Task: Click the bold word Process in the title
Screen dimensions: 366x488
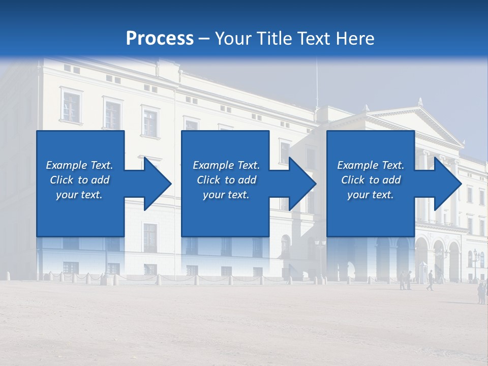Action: [x=160, y=39]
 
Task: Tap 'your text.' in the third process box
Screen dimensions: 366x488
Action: [x=370, y=195]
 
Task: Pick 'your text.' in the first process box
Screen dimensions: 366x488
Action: [x=79, y=195]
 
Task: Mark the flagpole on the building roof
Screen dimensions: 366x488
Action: [x=317, y=81]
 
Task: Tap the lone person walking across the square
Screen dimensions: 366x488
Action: [x=430, y=280]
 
